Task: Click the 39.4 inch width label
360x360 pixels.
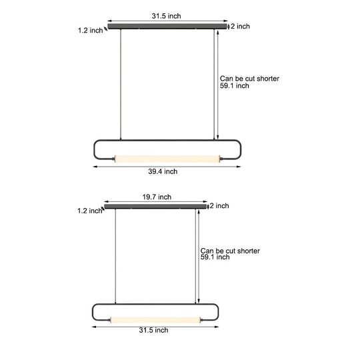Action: click(163, 171)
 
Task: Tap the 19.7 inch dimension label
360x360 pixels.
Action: click(157, 197)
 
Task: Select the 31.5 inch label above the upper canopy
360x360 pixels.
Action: click(166, 16)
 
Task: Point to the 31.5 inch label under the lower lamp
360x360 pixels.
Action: click(153, 330)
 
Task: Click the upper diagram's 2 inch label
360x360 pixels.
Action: click(241, 26)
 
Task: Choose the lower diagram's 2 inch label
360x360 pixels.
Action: click(219, 206)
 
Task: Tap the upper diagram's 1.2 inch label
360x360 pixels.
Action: click(90, 30)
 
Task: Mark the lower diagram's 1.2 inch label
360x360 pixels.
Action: click(89, 211)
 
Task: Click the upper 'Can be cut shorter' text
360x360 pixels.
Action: click(249, 79)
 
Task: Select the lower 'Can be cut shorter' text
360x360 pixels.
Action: click(230, 251)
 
